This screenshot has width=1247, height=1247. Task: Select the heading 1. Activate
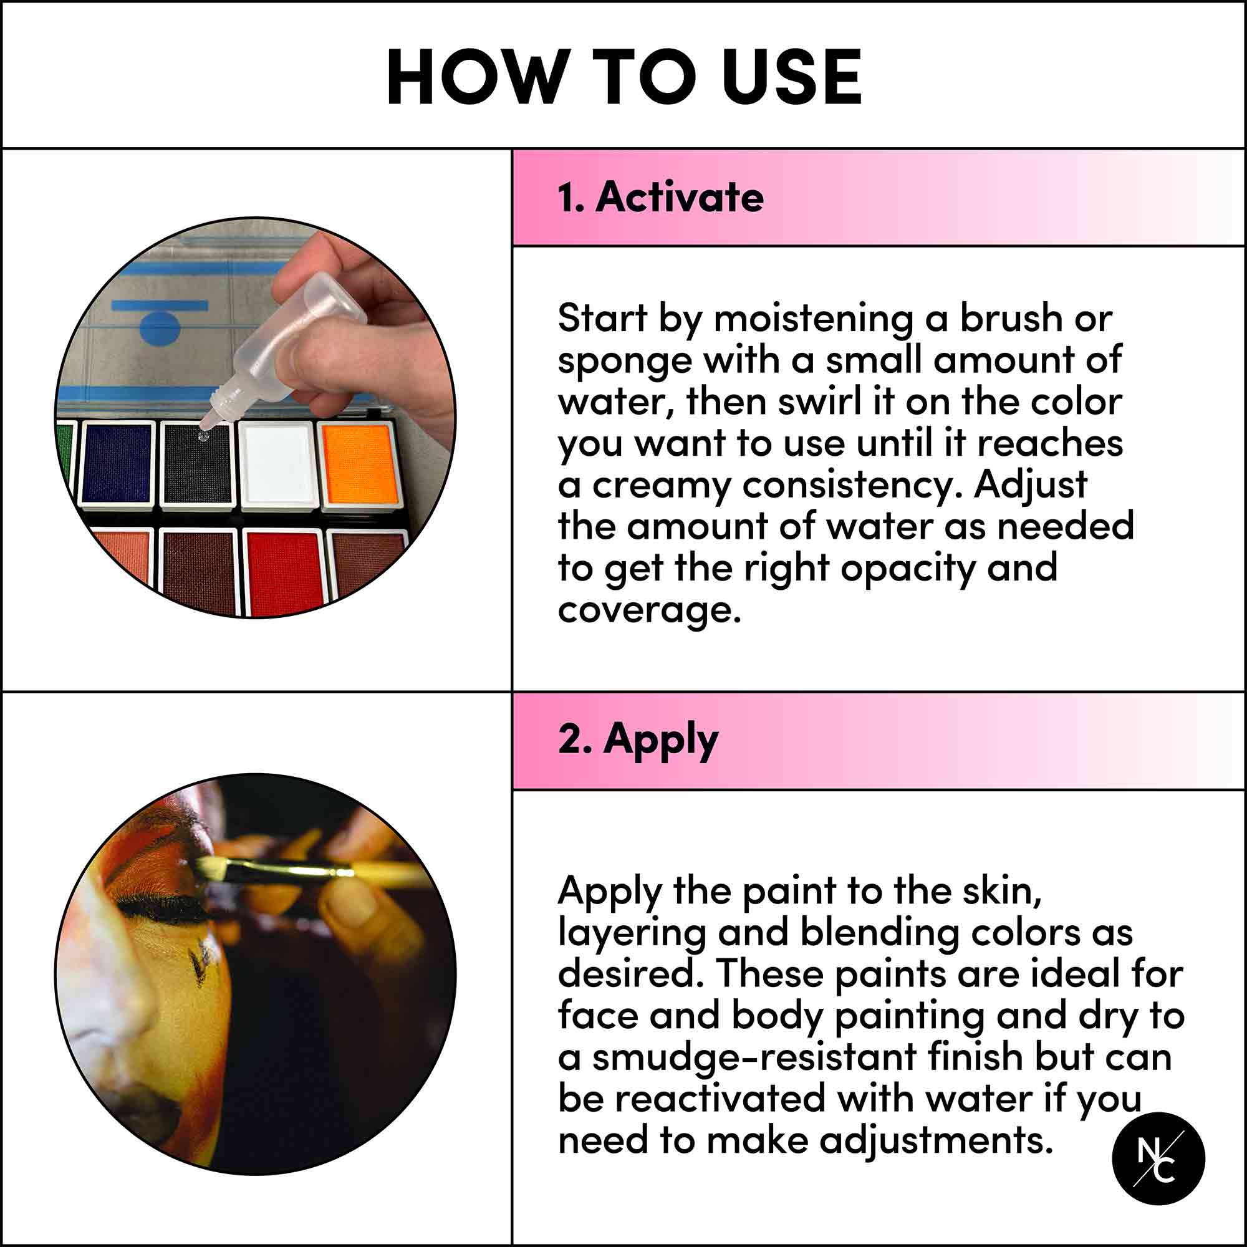click(x=660, y=197)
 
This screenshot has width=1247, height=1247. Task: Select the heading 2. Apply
click(x=638, y=739)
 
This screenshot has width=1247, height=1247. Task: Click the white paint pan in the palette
click(x=277, y=463)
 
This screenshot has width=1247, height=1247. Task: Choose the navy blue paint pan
click(x=117, y=463)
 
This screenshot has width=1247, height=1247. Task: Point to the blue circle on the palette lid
click(x=160, y=327)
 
